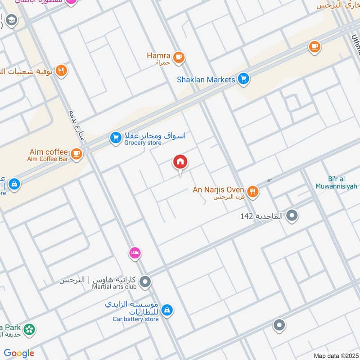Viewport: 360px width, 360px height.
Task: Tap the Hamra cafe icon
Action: [179, 57]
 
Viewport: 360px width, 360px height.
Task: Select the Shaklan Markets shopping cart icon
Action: [243, 79]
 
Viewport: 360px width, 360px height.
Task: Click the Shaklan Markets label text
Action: [206, 80]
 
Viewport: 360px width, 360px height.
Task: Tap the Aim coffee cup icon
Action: [76, 154]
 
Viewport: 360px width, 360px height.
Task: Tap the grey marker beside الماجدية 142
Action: [292, 216]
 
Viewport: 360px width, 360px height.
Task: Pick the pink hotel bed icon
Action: [135, 253]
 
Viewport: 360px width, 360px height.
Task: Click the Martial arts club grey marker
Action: [145, 282]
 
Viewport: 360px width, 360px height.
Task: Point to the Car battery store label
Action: [135, 319]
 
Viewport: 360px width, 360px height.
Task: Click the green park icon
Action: [30, 330]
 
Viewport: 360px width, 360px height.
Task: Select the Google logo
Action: [19, 353]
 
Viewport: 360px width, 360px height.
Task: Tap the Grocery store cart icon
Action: [116, 138]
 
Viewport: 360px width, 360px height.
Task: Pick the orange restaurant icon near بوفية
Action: [62, 71]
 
